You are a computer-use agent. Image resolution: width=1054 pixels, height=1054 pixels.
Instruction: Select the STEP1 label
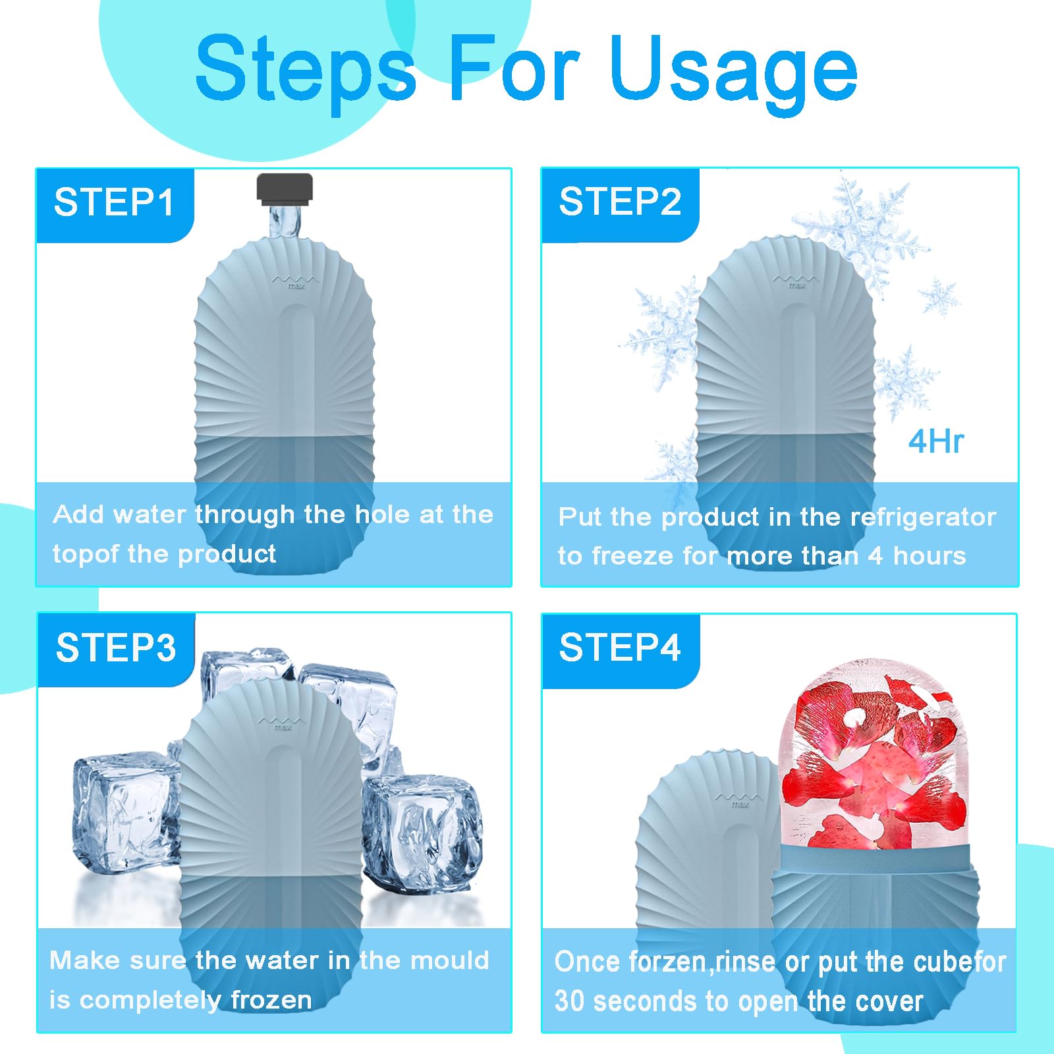tap(114, 202)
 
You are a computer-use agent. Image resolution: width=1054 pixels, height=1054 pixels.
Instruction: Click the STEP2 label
tap(620, 202)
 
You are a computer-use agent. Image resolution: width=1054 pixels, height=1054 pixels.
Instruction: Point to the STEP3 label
tap(116, 648)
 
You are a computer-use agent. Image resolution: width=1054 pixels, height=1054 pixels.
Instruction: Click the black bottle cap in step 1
tap(285, 186)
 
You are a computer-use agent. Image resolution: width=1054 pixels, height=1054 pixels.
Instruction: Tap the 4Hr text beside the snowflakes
tap(936, 441)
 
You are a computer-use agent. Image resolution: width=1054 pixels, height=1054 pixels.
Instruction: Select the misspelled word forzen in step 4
tap(667, 962)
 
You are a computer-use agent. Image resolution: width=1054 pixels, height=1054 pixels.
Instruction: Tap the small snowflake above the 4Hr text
tap(938, 296)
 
